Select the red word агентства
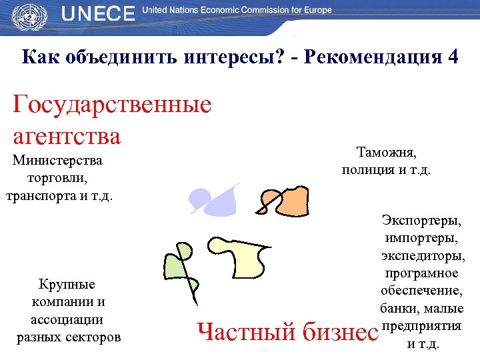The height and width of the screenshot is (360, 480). click(67, 136)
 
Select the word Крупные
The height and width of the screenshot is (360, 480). click(67, 285)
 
